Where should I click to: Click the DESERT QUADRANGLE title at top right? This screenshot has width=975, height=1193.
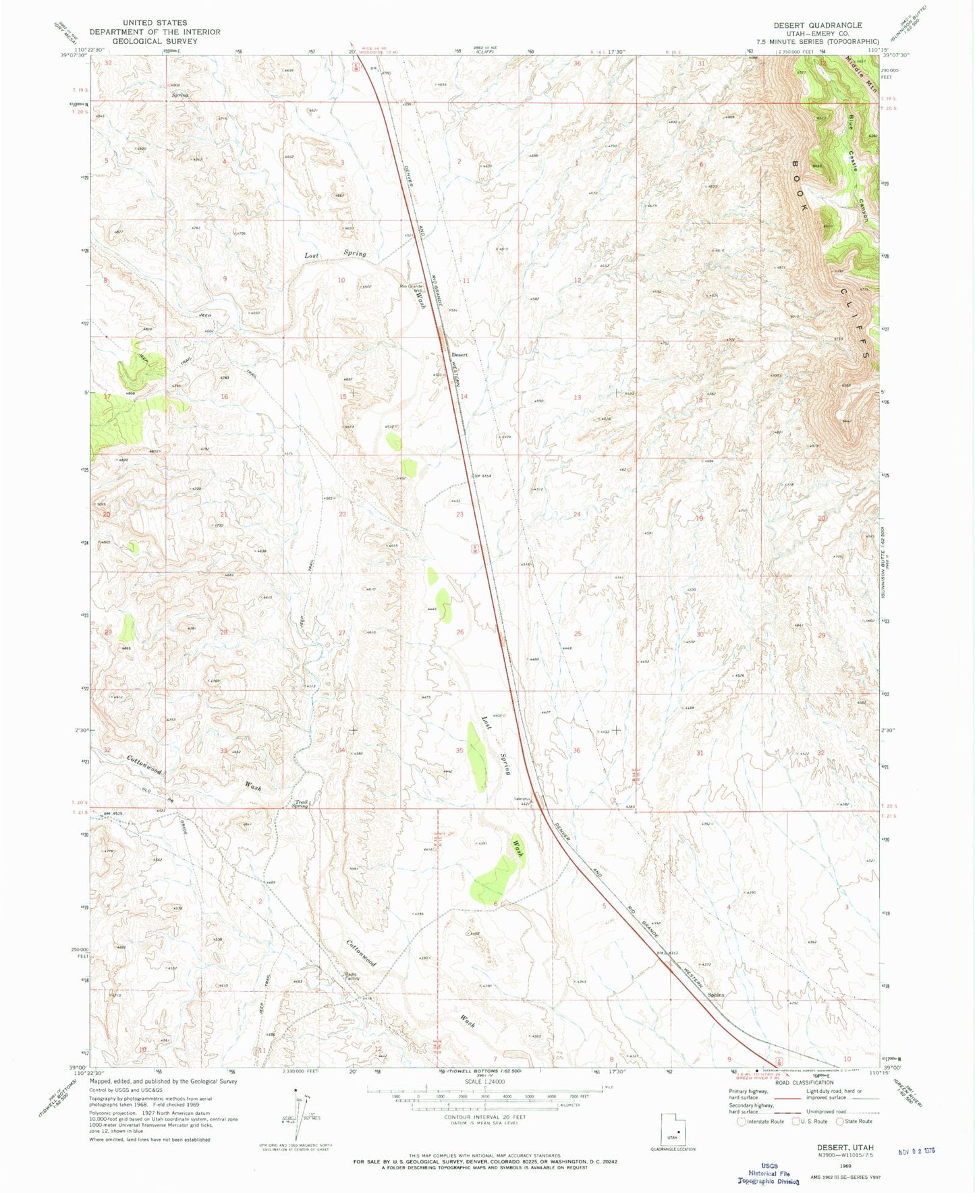click(x=817, y=25)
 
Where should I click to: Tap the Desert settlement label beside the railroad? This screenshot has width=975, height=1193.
click(x=459, y=355)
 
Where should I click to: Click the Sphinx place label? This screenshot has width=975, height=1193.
click(x=716, y=995)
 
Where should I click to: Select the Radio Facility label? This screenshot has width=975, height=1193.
click(x=352, y=976)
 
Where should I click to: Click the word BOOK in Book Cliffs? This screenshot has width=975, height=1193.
click(x=799, y=186)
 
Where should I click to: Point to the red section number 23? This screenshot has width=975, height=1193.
click(x=459, y=514)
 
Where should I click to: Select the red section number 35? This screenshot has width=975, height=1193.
click(x=459, y=750)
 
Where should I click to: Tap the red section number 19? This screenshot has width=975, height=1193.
click(x=700, y=518)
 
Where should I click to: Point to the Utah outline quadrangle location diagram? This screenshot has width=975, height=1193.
click(x=672, y=1131)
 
